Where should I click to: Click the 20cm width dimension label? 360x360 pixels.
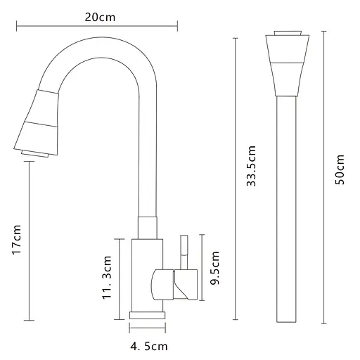pos(100,18)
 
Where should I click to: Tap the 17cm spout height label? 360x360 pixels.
pos(17,239)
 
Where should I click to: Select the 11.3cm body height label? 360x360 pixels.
pos(107,277)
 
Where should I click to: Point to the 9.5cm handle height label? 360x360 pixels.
pos(214,268)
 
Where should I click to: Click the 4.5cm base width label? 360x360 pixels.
pos(149,347)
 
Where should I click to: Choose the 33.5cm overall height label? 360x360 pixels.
pos(251,166)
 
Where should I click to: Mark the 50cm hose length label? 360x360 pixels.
pos(340,169)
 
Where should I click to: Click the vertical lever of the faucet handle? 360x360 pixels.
pos(184,252)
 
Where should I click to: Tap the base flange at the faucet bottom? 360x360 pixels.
pos(148,315)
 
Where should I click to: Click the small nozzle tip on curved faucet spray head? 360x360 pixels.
pos(34,154)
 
